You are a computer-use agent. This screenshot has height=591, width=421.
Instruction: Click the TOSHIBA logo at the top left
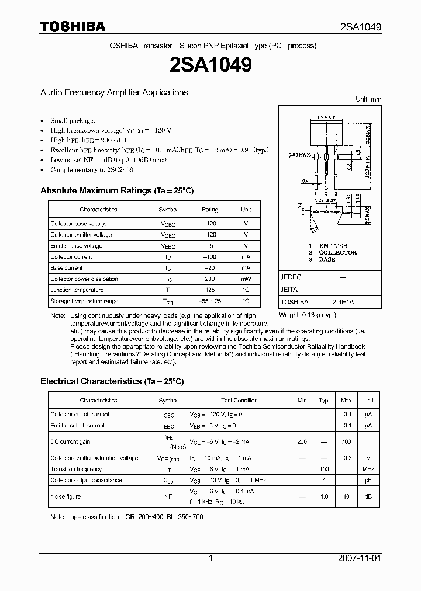coord(73,26)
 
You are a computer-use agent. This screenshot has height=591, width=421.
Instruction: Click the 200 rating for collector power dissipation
coord(209,279)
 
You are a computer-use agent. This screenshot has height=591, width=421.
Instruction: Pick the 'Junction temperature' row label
coord(77,290)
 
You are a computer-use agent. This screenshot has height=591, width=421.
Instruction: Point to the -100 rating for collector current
coord(209,257)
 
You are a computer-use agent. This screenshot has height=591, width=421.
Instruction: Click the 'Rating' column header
coord(209,209)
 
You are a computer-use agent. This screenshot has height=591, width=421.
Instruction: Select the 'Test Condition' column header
coord(239,401)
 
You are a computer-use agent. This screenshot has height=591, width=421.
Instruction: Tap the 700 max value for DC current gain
coord(346,442)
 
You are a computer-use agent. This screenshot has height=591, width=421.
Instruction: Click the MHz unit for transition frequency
coord(368,470)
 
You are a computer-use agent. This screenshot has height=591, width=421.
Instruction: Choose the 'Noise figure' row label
coord(65,496)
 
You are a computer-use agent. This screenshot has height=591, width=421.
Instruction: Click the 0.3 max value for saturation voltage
coord(346,458)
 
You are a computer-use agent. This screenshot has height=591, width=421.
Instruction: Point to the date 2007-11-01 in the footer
coord(360,558)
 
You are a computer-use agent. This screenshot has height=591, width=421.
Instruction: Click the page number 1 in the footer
coord(210,558)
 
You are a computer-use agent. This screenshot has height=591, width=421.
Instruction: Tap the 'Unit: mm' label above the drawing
coord(368,99)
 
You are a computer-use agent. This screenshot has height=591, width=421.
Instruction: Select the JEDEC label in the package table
coord(290,279)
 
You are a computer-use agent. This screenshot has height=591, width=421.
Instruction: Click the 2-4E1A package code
coord(342,302)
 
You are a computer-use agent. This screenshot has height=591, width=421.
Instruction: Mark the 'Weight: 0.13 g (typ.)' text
coord(308,315)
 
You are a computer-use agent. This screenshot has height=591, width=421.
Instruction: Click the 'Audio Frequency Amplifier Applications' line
coord(114,92)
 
